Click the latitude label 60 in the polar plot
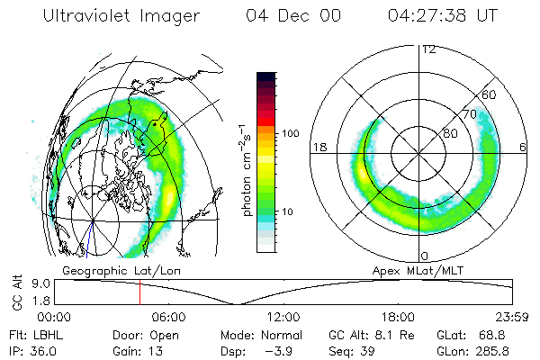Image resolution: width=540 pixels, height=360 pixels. (x=490, y=94)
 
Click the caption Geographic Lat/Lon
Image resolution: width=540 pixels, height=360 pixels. (x=112, y=269)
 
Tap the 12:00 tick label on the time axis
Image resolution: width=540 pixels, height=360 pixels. (x=283, y=318)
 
